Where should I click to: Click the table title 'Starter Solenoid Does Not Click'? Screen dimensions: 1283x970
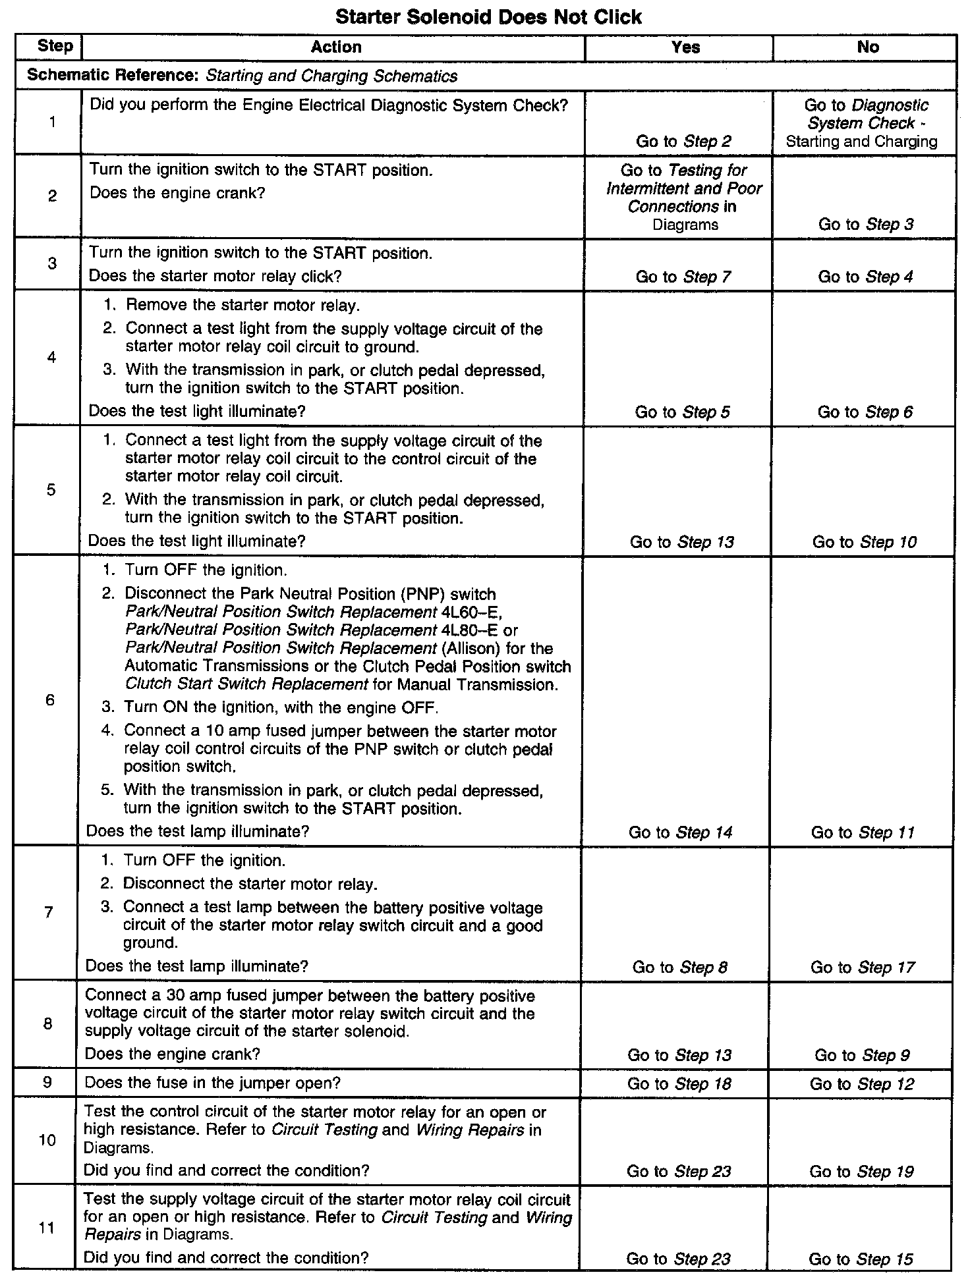click(488, 16)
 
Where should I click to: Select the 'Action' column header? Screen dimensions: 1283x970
click(336, 47)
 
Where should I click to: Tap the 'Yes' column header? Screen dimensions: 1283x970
click(685, 47)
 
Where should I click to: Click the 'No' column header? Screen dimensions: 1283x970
click(868, 47)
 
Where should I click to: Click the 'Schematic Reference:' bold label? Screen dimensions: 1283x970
click(113, 76)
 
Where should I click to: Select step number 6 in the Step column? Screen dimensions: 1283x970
click(50, 699)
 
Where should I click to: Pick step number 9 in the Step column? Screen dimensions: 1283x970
click(48, 1082)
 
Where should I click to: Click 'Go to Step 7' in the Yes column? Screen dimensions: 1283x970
click(683, 277)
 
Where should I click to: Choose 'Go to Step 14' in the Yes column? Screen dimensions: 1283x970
click(680, 833)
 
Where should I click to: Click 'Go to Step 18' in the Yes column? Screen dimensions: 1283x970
click(679, 1084)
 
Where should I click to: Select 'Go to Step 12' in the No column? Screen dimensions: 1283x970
click(862, 1084)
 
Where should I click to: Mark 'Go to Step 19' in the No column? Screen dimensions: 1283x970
click(861, 1172)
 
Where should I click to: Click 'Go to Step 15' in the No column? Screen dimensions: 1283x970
click(861, 1259)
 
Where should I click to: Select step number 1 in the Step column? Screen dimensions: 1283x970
click(52, 122)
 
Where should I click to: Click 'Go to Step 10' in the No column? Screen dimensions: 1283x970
click(864, 542)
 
